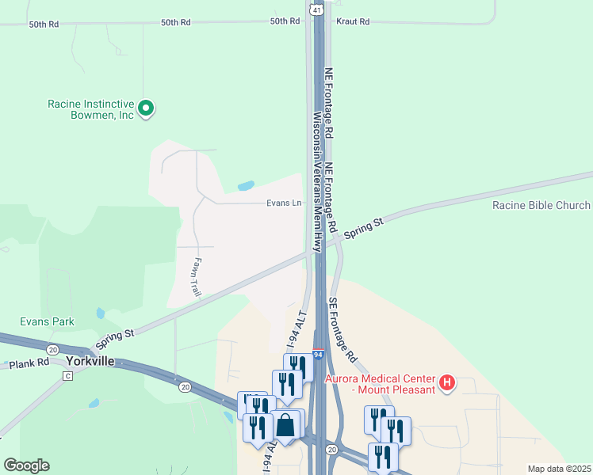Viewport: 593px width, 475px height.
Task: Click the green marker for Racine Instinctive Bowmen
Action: click(x=146, y=108)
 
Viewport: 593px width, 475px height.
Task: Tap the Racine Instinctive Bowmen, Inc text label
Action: click(x=91, y=109)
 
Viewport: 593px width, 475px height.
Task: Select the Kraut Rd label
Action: click(x=353, y=22)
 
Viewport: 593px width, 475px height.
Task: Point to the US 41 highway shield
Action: click(x=316, y=10)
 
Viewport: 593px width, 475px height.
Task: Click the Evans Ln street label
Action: click(x=284, y=203)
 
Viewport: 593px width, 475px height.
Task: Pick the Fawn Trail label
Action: click(x=197, y=278)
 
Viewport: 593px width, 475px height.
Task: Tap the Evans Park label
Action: click(x=48, y=321)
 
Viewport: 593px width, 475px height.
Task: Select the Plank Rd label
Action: click(x=29, y=364)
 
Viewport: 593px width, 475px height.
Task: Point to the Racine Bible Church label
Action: click(x=541, y=206)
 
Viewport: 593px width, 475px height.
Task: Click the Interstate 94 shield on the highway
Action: click(x=317, y=354)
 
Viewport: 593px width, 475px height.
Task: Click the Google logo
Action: click(x=26, y=465)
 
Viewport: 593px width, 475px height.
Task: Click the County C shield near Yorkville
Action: click(x=67, y=376)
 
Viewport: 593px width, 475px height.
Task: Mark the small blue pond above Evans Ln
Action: click(x=247, y=187)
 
